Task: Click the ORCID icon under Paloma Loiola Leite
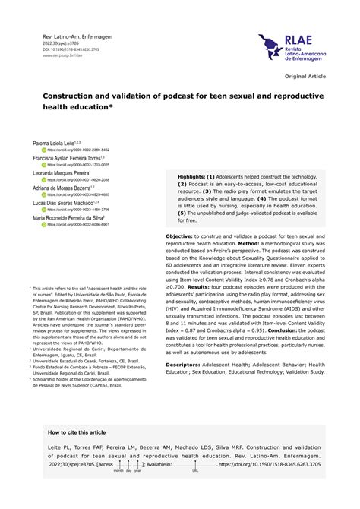tap(44, 150)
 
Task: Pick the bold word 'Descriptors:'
tap(185, 365)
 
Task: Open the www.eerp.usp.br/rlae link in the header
tap(58, 55)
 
